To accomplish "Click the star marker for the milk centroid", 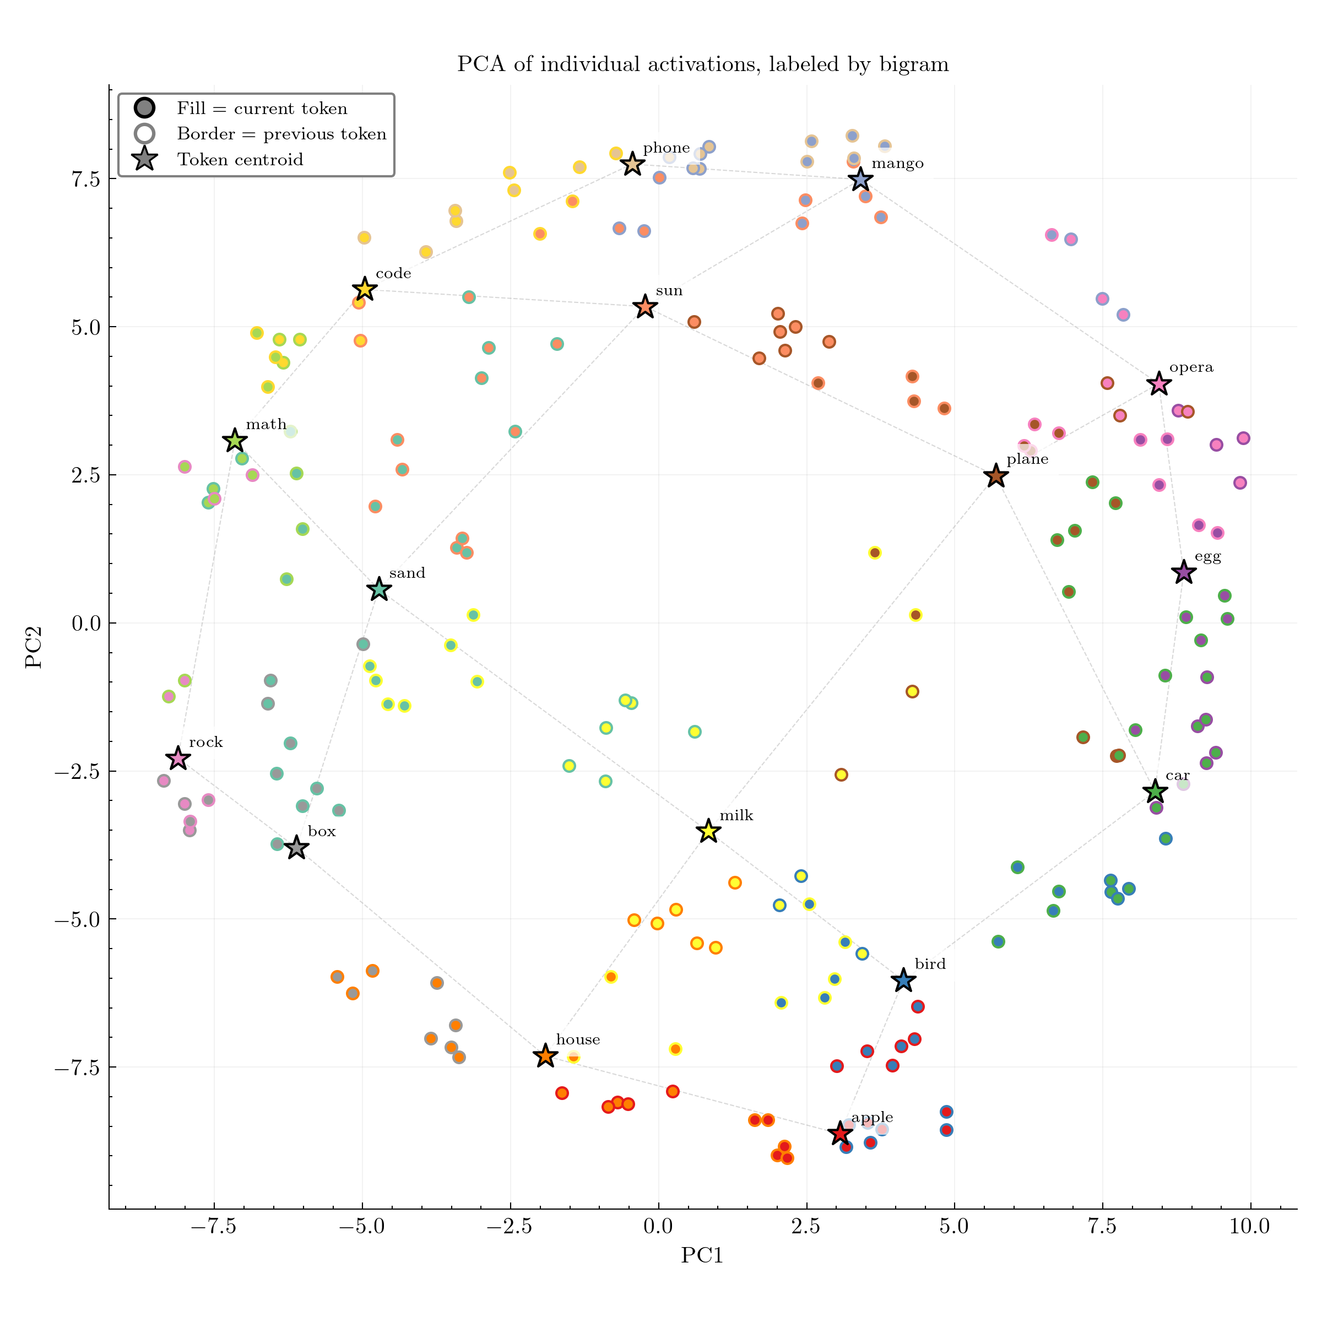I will [x=708, y=831].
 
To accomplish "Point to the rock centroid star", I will [x=178, y=758].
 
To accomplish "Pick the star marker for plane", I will [x=995, y=475].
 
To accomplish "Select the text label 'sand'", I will [x=407, y=573].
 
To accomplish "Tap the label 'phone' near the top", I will [x=666, y=148].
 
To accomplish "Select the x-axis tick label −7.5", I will [x=214, y=1226].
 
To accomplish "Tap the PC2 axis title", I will [x=34, y=647].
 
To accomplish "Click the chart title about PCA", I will [x=702, y=64].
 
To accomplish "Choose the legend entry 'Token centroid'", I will [x=240, y=159].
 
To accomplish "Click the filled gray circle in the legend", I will [x=144, y=107].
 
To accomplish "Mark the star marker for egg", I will [x=1183, y=572].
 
